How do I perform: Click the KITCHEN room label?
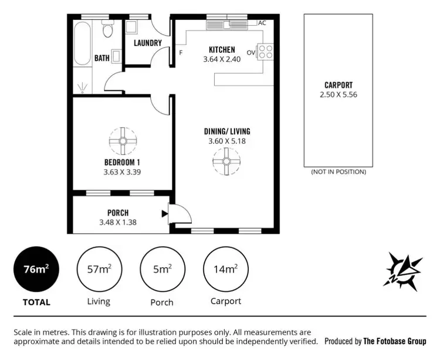pos(222,50)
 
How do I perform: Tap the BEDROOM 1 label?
pos(122,162)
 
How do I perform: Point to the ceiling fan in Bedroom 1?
pos(122,140)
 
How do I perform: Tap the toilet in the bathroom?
pos(107,29)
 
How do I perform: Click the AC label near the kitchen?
pos(262,23)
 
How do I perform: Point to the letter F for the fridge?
pos(181,53)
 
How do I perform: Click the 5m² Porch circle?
pos(161,270)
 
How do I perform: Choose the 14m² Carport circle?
pos(226,270)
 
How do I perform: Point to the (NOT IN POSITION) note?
pos(339,172)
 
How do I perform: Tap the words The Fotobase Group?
pos(395,341)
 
